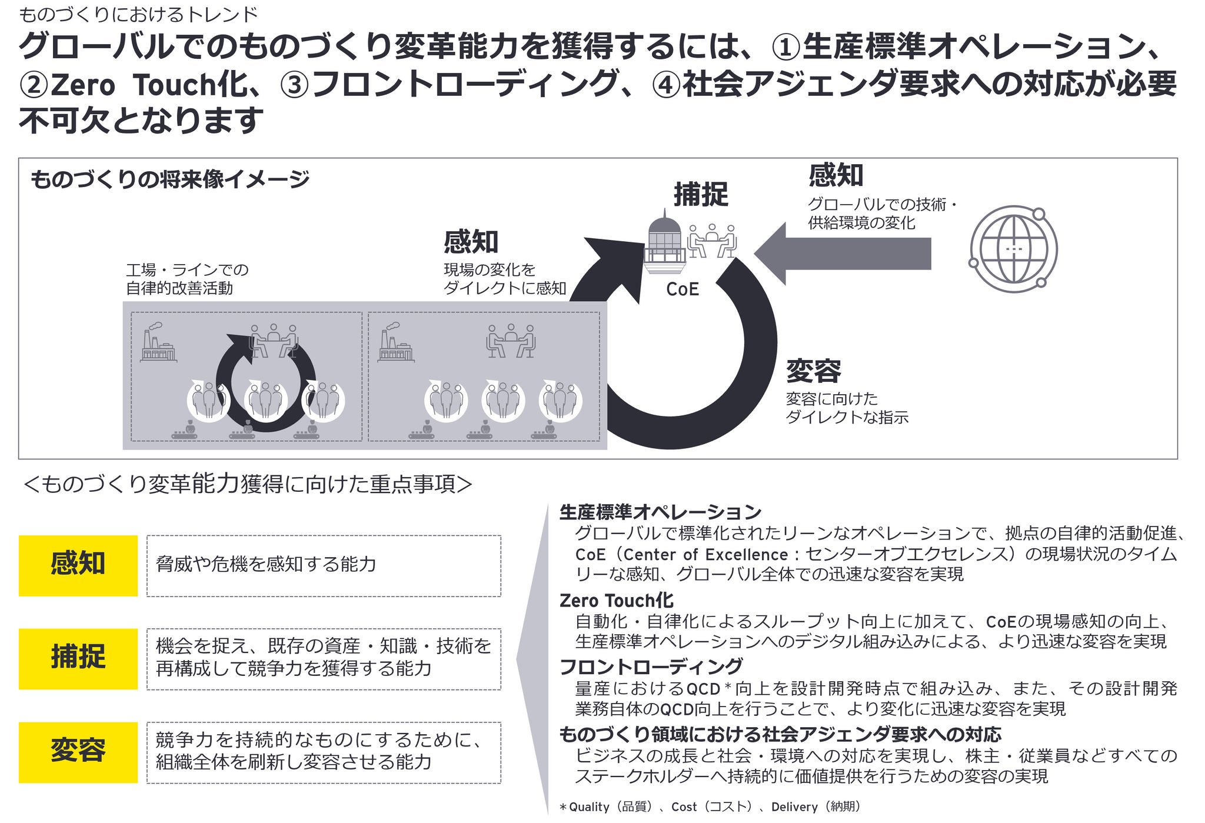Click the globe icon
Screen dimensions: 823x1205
point(1013,249)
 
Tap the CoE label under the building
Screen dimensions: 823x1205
point(683,289)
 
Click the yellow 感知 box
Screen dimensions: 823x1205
point(78,565)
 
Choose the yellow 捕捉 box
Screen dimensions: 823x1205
point(78,658)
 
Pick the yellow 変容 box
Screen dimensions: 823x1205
point(78,752)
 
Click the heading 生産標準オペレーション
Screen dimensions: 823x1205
point(660,512)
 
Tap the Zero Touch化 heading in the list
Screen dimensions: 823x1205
point(616,600)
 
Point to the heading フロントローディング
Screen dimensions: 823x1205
point(651,667)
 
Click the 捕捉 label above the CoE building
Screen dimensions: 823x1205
point(701,195)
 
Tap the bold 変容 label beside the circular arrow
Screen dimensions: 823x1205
point(814,371)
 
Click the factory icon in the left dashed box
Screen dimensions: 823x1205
point(158,344)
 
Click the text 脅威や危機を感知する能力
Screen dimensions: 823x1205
point(266,564)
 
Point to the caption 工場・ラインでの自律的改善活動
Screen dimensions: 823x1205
point(187,279)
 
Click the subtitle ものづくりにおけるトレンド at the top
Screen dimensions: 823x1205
point(139,14)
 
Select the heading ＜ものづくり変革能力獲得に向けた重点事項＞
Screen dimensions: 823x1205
point(248,484)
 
